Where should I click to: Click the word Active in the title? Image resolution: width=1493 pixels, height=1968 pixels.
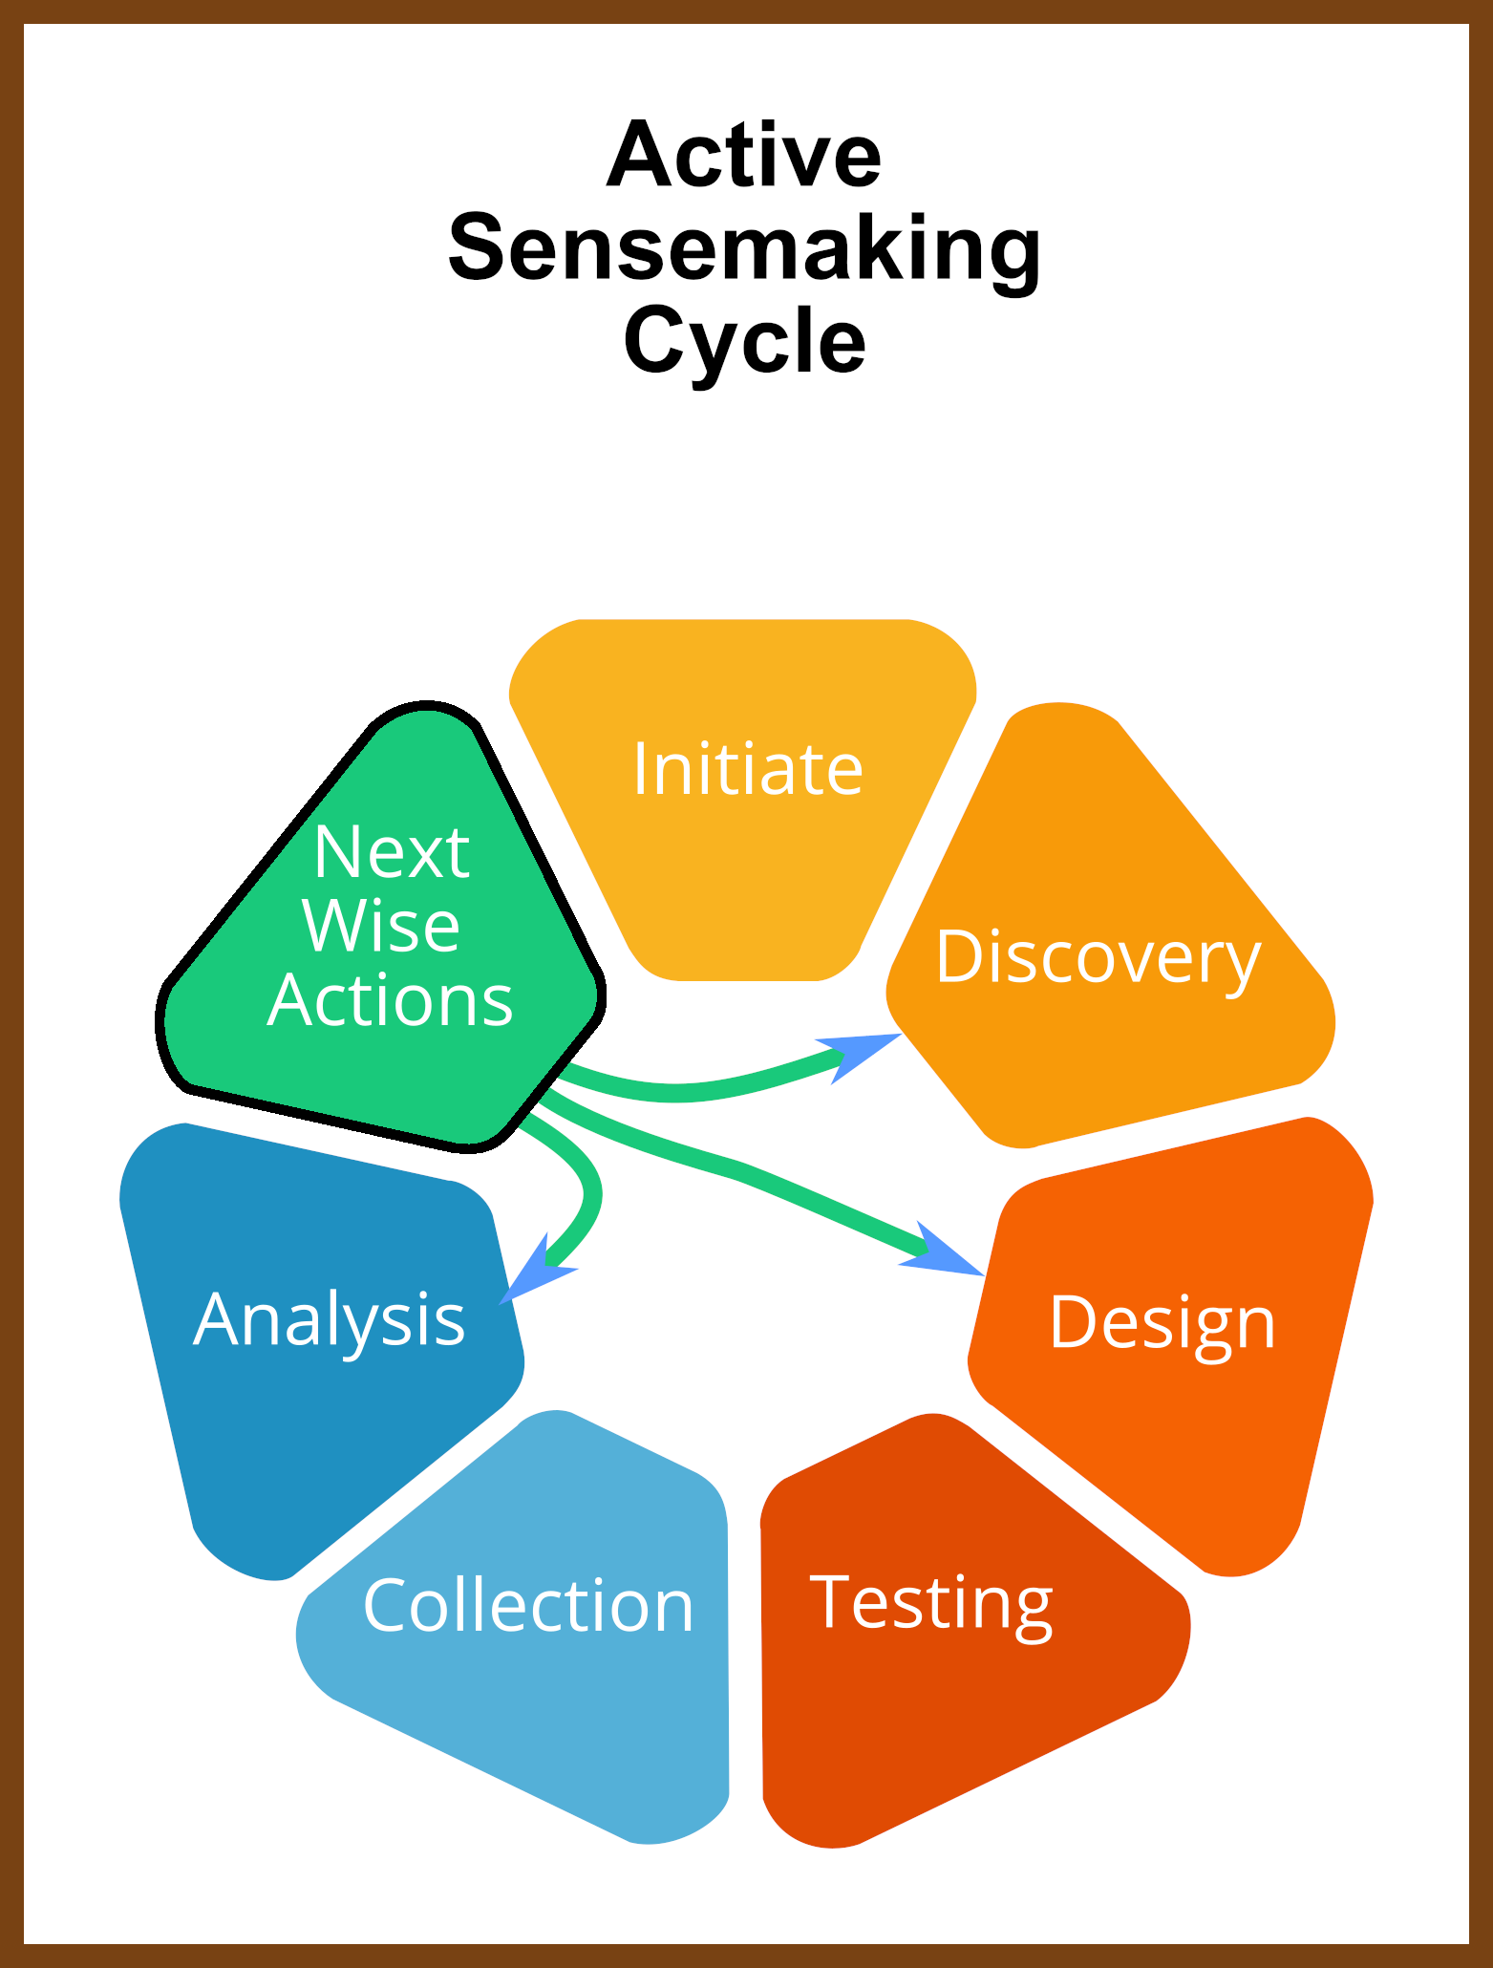(x=744, y=155)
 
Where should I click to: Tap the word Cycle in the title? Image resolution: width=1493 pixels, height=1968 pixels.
(x=745, y=342)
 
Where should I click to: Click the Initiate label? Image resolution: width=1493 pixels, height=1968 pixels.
(x=748, y=768)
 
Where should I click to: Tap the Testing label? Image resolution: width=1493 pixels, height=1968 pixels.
(x=931, y=1604)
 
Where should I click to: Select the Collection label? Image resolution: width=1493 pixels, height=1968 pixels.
(x=528, y=1606)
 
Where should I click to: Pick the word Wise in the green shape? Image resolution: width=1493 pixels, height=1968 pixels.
(x=381, y=926)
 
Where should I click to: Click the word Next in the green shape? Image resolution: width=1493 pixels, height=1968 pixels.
(x=392, y=851)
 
